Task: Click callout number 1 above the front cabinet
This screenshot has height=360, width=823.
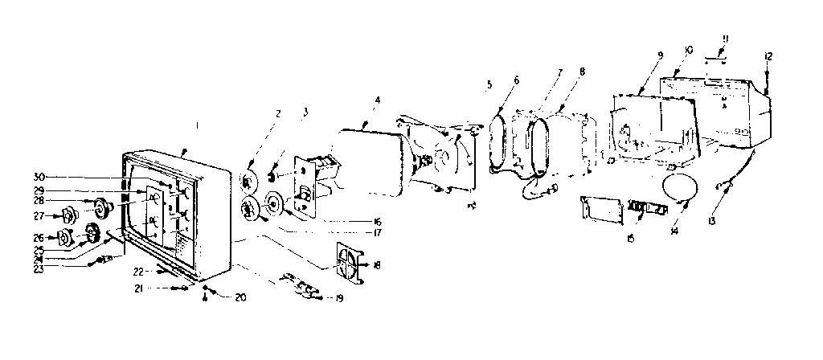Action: pos(197,126)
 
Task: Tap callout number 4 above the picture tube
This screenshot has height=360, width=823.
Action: pos(376,100)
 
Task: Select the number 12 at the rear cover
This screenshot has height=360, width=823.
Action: pos(769,55)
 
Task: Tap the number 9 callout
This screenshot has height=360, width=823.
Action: pos(660,55)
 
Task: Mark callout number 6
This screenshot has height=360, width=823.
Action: pos(515,80)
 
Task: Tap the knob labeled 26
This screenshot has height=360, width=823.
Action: pos(64,238)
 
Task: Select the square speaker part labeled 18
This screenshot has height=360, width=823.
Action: pos(347,264)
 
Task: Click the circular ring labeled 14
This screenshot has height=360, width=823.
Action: pos(678,187)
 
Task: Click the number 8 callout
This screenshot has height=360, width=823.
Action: pos(581,71)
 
